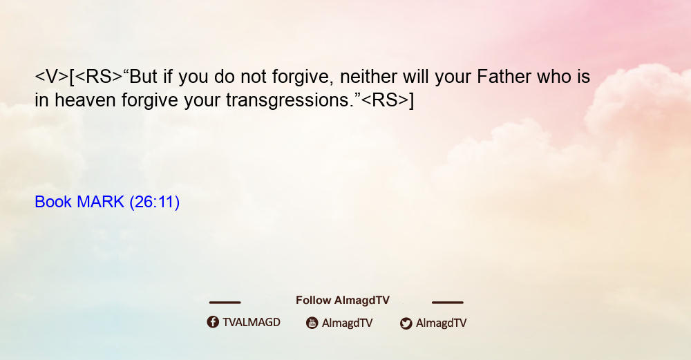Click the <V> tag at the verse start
click(52, 77)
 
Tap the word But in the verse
click(144, 77)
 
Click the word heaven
click(86, 100)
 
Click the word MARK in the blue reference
click(100, 202)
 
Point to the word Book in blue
click(53, 202)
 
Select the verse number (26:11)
click(155, 202)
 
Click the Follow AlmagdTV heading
click(343, 301)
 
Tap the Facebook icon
click(213, 322)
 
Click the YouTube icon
click(312, 323)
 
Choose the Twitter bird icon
click(406, 323)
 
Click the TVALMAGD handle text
click(252, 322)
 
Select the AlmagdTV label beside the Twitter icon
click(441, 323)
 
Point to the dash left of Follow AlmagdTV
click(225, 303)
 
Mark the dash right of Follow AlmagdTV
click(448, 303)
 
